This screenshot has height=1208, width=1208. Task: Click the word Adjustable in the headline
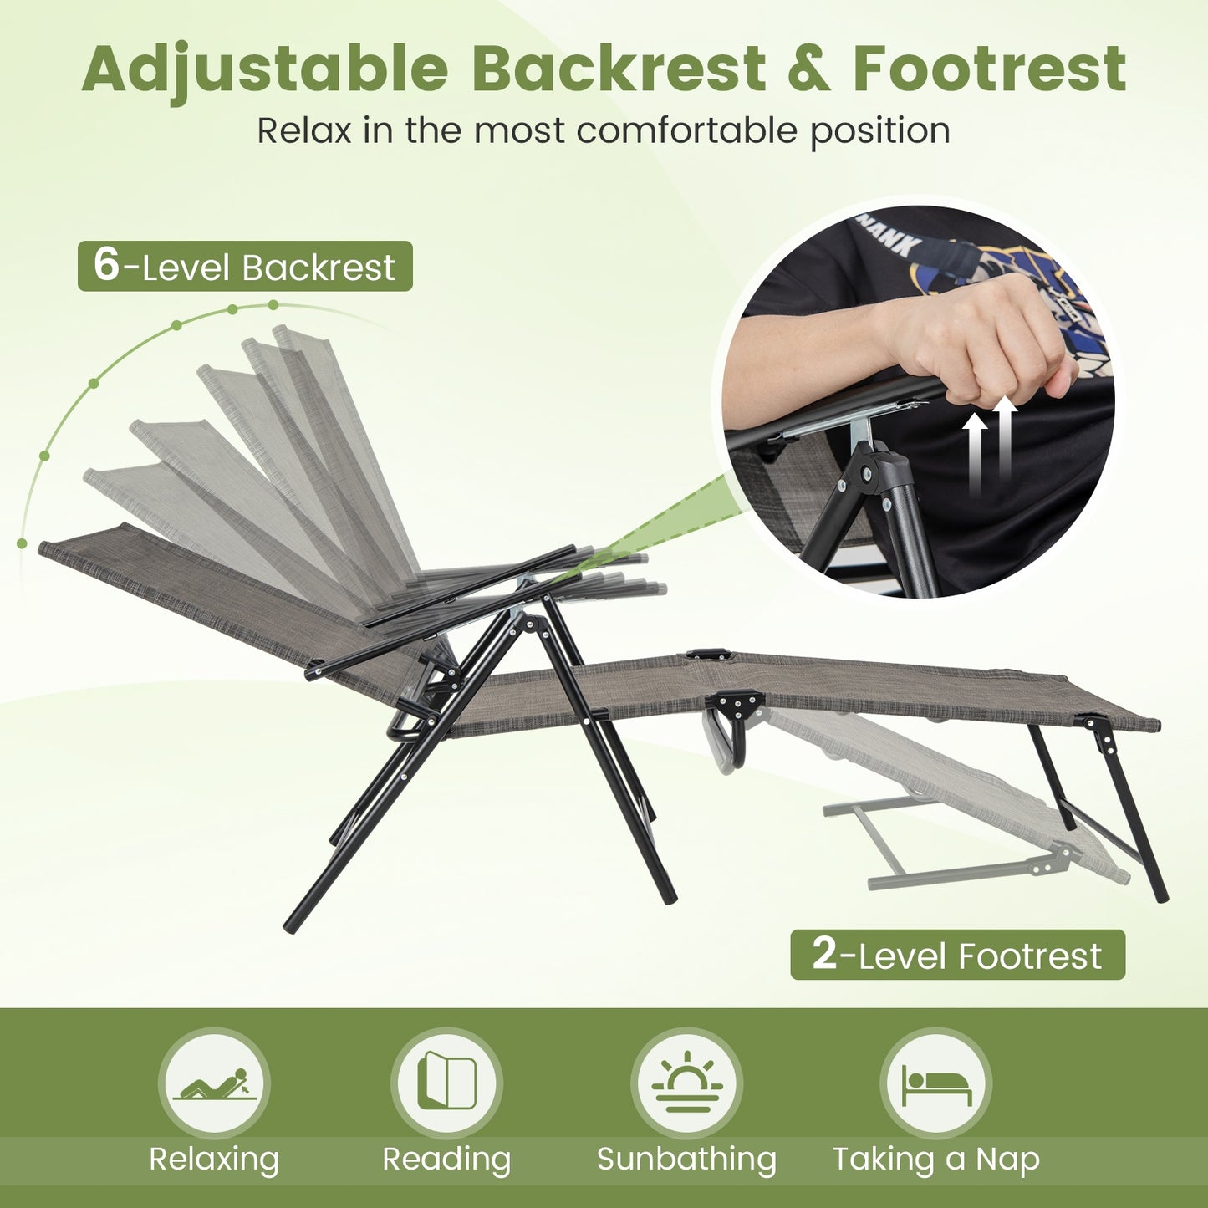[x=266, y=69]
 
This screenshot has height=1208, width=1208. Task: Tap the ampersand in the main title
[x=808, y=69]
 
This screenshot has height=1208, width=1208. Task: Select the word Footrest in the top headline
[x=989, y=69]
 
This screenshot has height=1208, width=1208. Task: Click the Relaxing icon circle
[x=214, y=1083]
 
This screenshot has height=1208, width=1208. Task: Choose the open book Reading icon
[x=446, y=1083]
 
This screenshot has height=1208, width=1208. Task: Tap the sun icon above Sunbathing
[x=686, y=1083]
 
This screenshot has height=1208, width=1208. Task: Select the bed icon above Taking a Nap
[x=935, y=1083]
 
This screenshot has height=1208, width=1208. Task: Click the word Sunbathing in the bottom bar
[x=686, y=1160]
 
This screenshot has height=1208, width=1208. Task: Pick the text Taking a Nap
[x=935, y=1160]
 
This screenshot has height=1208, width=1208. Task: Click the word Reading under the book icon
[x=446, y=1160]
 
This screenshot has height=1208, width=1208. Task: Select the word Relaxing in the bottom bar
[x=214, y=1160]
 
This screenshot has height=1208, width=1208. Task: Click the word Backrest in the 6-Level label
[x=318, y=268]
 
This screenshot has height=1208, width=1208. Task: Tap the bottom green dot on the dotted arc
[x=22, y=543]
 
